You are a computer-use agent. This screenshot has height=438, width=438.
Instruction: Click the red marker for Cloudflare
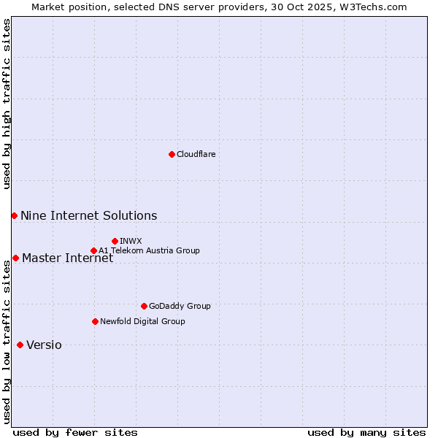(x=172, y=154)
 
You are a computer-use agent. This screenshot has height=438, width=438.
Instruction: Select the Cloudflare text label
(x=196, y=154)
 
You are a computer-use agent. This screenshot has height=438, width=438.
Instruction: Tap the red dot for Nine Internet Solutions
(x=14, y=215)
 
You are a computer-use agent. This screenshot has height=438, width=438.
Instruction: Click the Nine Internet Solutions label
(x=88, y=215)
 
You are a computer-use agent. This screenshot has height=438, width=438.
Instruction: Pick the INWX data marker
(x=115, y=241)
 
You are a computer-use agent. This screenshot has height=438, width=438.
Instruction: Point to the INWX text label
(x=131, y=241)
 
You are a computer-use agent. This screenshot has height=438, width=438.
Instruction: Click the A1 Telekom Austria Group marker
(x=93, y=250)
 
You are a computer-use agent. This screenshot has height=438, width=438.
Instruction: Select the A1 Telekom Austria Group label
(x=149, y=250)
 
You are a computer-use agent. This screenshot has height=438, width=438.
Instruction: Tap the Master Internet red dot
(x=15, y=258)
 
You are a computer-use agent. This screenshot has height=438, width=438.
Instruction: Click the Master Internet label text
(x=67, y=258)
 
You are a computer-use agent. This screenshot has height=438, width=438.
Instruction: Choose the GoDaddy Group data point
(x=144, y=306)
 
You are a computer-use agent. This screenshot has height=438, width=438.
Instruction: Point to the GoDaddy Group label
(x=179, y=306)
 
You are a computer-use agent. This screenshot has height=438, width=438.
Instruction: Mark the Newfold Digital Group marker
(x=95, y=321)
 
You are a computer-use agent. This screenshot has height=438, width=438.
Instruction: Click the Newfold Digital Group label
(x=142, y=321)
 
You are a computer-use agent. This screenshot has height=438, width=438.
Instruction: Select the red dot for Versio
(x=20, y=345)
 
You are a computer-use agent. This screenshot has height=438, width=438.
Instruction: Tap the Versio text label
(x=44, y=345)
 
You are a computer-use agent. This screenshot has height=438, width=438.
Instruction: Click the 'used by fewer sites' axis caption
(x=75, y=432)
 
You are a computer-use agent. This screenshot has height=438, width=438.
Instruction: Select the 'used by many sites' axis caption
(x=366, y=432)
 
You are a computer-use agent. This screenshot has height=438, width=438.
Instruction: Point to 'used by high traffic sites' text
(x=7, y=104)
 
